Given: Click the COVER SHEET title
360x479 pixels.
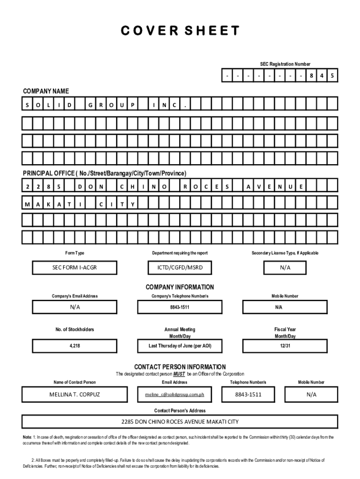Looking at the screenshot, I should click(x=180, y=31).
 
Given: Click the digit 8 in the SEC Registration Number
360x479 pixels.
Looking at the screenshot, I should click(x=311, y=75).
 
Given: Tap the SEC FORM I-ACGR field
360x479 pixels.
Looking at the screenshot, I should click(x=75, y=268).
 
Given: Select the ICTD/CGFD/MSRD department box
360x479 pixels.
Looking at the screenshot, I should click(x=180, y=268).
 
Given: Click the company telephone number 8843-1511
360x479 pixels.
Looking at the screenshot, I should click(x=180, y=307).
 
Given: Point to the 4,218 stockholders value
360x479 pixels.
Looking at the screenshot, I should click(x=75, y=346).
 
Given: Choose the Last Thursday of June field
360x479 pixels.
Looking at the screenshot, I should click(x=180, y=346).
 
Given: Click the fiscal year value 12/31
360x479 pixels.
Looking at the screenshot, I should click(x=285, y=346).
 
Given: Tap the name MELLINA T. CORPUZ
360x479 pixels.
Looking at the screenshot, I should click(x=75, y=394).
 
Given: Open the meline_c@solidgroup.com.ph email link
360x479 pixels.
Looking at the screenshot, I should click(x=174, y=395).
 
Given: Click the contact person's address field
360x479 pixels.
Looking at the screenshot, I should click(x=180, y=421).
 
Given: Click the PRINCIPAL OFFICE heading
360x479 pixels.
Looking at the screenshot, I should click(x=105, y=174).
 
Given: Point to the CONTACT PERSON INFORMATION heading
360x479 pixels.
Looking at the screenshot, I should click(x=180, y=367).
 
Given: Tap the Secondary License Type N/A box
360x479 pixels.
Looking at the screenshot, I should click(x=285, y=268).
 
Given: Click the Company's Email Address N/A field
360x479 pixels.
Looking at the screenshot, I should click(x=75, y=307).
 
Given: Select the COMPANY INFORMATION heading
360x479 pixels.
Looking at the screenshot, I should click(x=180, y=287).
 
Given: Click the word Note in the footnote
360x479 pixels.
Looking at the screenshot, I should click(x=27, y=437).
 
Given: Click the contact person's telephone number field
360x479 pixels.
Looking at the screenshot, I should click(x=248, y=394).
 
